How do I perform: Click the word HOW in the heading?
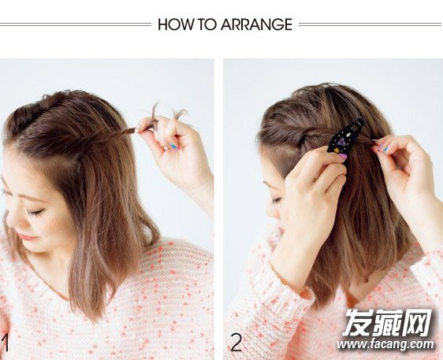coord(176,24)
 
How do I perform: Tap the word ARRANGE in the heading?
coord(256,24)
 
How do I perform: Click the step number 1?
coord(5,343)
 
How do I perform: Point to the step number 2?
coord(236,342)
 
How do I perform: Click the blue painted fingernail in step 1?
coord(173,147)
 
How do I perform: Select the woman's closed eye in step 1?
coord(35,212)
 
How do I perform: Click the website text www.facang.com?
coord(385,344)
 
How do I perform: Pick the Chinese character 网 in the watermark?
coord(417,322)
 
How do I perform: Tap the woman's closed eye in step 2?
coord(277,200)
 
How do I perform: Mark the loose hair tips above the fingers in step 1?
coord(169,113)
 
